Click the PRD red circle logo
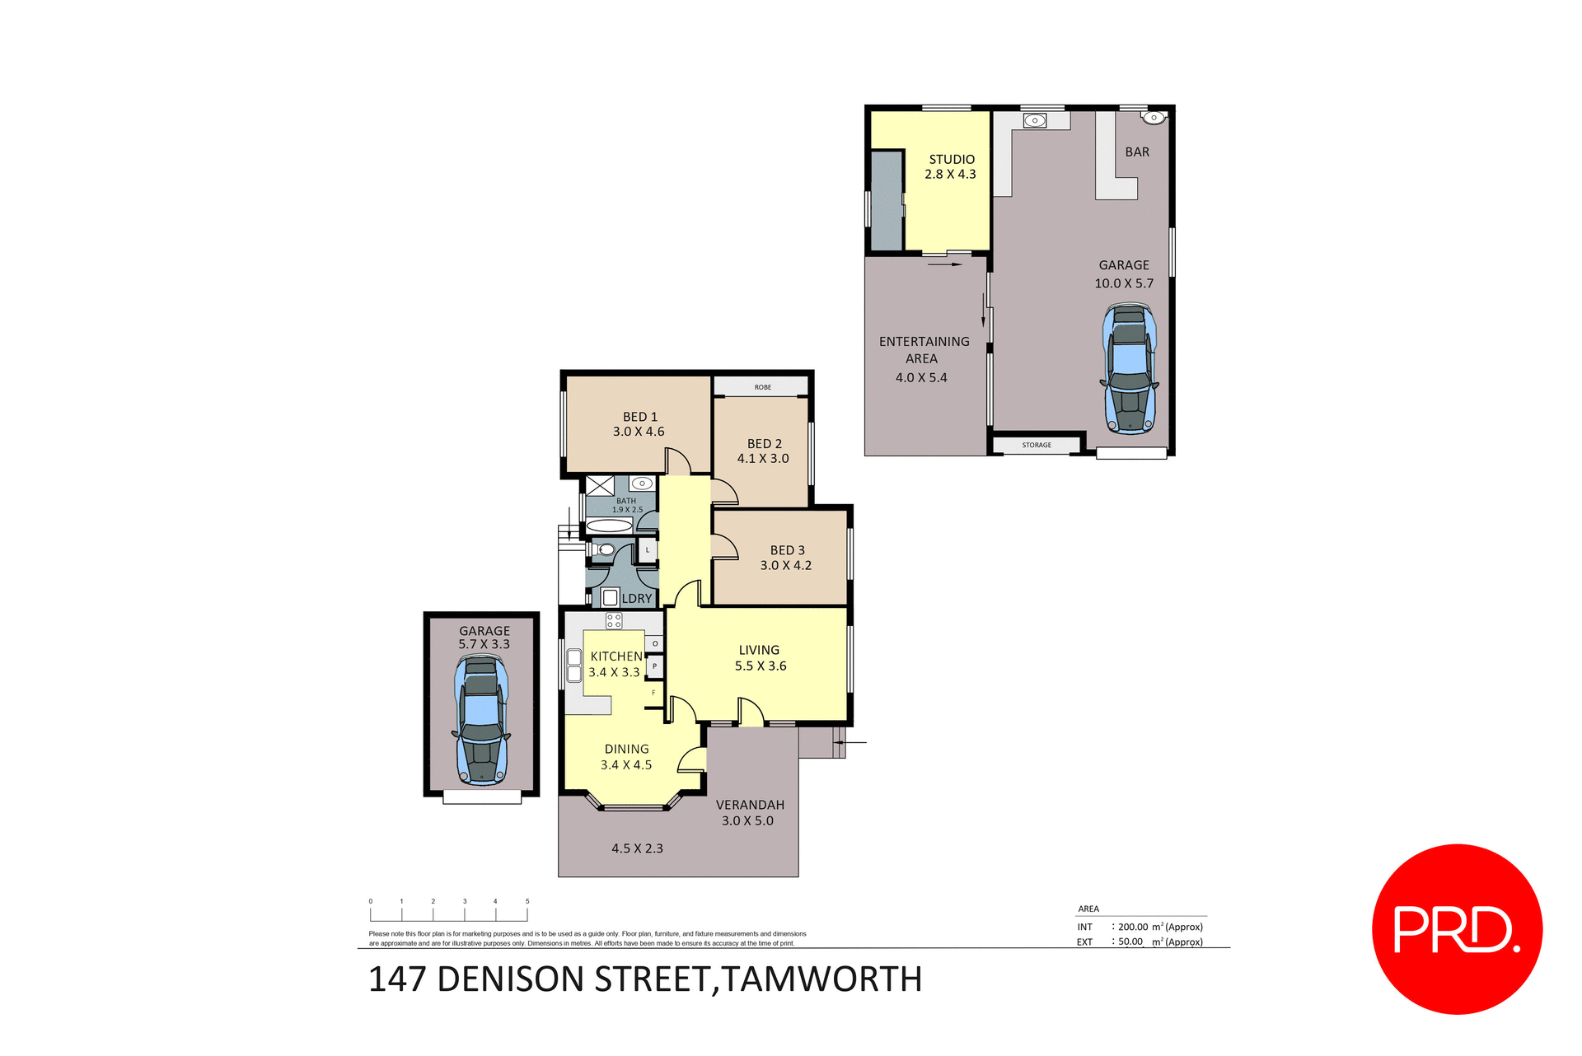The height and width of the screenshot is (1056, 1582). [1456, 928]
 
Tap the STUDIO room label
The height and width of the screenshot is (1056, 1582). [952, 159]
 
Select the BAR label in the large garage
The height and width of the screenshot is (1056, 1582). [1137, 152]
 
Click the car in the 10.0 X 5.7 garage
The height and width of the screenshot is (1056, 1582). [1129, 368]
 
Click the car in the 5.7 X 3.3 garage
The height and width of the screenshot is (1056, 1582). [481, 719]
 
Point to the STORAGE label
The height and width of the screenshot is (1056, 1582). [1037, 445]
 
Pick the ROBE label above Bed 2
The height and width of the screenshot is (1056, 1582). [763, 387]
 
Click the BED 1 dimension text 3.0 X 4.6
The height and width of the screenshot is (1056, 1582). [639, 432]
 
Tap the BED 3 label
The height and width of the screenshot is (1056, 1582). [787, 549]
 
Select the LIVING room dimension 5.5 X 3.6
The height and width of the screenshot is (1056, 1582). [761, 666]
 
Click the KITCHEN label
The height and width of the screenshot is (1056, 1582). [616, 656]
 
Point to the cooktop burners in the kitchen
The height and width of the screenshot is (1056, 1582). [614, 621]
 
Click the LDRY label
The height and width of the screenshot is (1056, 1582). [636, 599]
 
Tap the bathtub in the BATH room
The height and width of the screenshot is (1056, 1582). [609, 526]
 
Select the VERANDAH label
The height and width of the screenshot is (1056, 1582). [750, 805]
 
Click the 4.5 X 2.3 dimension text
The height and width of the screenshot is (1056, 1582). [637, 848]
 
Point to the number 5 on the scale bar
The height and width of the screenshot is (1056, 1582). [527, 901]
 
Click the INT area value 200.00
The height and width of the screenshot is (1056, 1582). [1133, 927]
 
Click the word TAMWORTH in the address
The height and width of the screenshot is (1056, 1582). [821, 979]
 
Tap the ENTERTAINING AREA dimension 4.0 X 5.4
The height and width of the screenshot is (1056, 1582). [921, 377]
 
